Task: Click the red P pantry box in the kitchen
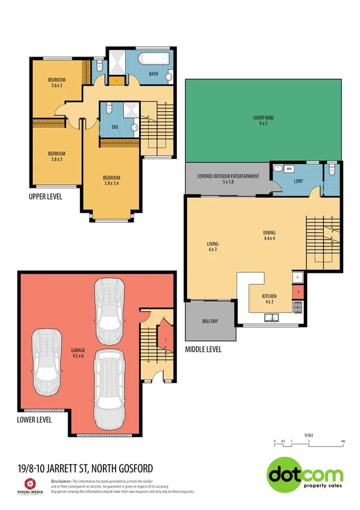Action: [x=299, y=292]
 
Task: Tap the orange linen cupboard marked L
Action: [x=116, y=78]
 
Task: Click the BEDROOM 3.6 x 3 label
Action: [x=57, y=83]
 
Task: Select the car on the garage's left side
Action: [x=47, y=359]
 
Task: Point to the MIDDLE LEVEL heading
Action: [x=203, y=349]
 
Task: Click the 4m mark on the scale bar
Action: [x=343, y=441]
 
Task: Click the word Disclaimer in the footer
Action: [x=61, y=481]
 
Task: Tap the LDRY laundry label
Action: [x=297, y=181]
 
